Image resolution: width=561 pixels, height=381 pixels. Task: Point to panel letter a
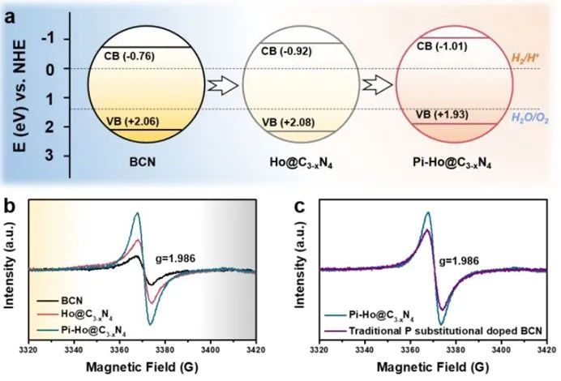[11, 12]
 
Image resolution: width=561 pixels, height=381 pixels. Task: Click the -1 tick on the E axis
[48, 39]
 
